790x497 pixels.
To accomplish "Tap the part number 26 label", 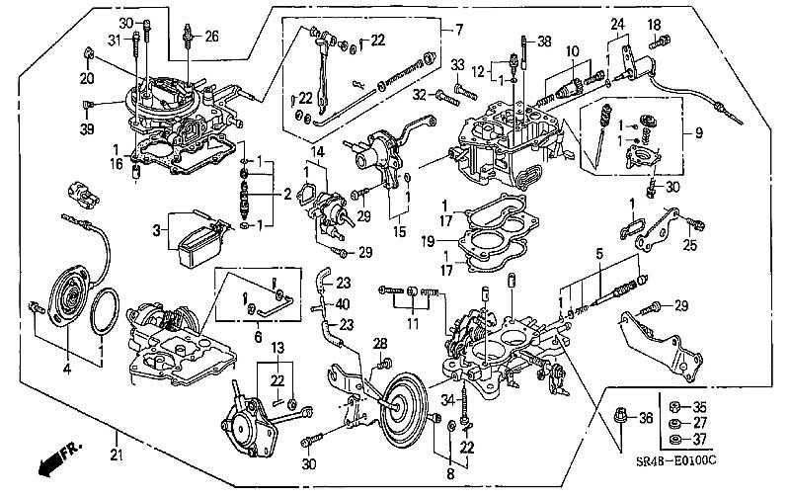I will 212,38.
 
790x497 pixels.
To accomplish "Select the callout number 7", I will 458,30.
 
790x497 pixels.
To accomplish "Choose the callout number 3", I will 155,230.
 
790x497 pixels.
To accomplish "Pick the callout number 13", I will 277,347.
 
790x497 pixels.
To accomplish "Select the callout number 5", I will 597,253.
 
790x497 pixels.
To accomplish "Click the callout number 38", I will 545,41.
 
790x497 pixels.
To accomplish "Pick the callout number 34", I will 445,398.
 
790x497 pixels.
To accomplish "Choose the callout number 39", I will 88,129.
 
